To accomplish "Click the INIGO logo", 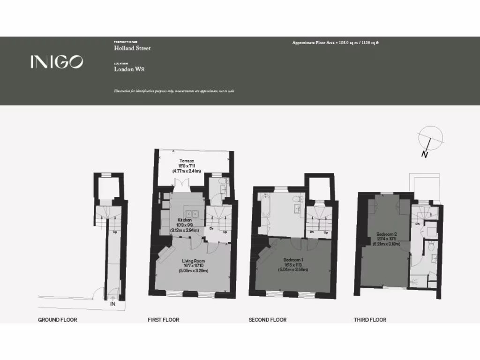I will tap(57, 62).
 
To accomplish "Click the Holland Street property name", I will tap(133, 48).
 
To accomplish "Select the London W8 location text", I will tap(129, 69).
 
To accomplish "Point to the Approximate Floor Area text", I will tap(335, 43).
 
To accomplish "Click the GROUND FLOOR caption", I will tap(57, 320).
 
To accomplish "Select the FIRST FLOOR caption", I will tap(164, 320).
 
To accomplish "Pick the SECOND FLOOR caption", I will tap(267, 320).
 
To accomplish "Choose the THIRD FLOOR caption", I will tap(370, 320).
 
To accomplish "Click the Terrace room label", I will tap(187, 161).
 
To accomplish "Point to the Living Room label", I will tap(194, 261).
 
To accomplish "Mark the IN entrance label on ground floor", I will tap(113, 304).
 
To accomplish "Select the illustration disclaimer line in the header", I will tap(174, 91).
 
